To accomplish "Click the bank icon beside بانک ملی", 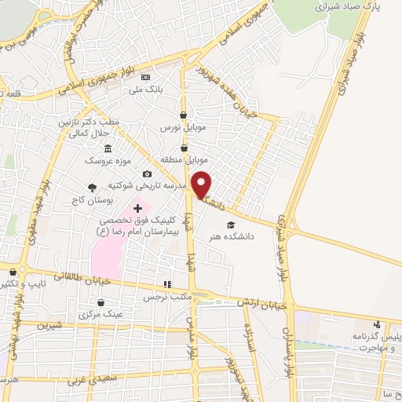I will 145,78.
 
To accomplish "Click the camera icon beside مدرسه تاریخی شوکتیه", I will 146,174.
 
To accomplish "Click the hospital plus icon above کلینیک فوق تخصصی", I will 138,208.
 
